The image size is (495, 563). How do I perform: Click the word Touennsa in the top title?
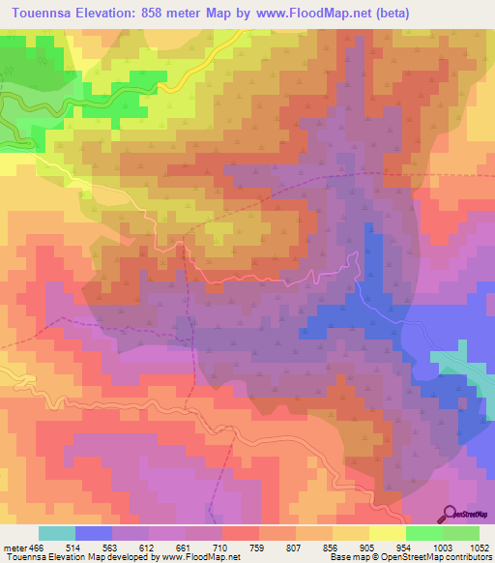tap(40, 13)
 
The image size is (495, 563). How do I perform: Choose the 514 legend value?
tap(86, 547)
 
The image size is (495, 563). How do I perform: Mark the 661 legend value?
tap(206, 547)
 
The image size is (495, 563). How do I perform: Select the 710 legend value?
tap(246, 547)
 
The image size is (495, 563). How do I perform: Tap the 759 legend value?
tap(286, 547)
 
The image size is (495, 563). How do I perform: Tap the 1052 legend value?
tap(478, 547)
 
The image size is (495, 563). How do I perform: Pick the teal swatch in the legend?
tap(57, 533)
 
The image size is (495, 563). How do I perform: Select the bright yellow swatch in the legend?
tap(387, 533)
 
